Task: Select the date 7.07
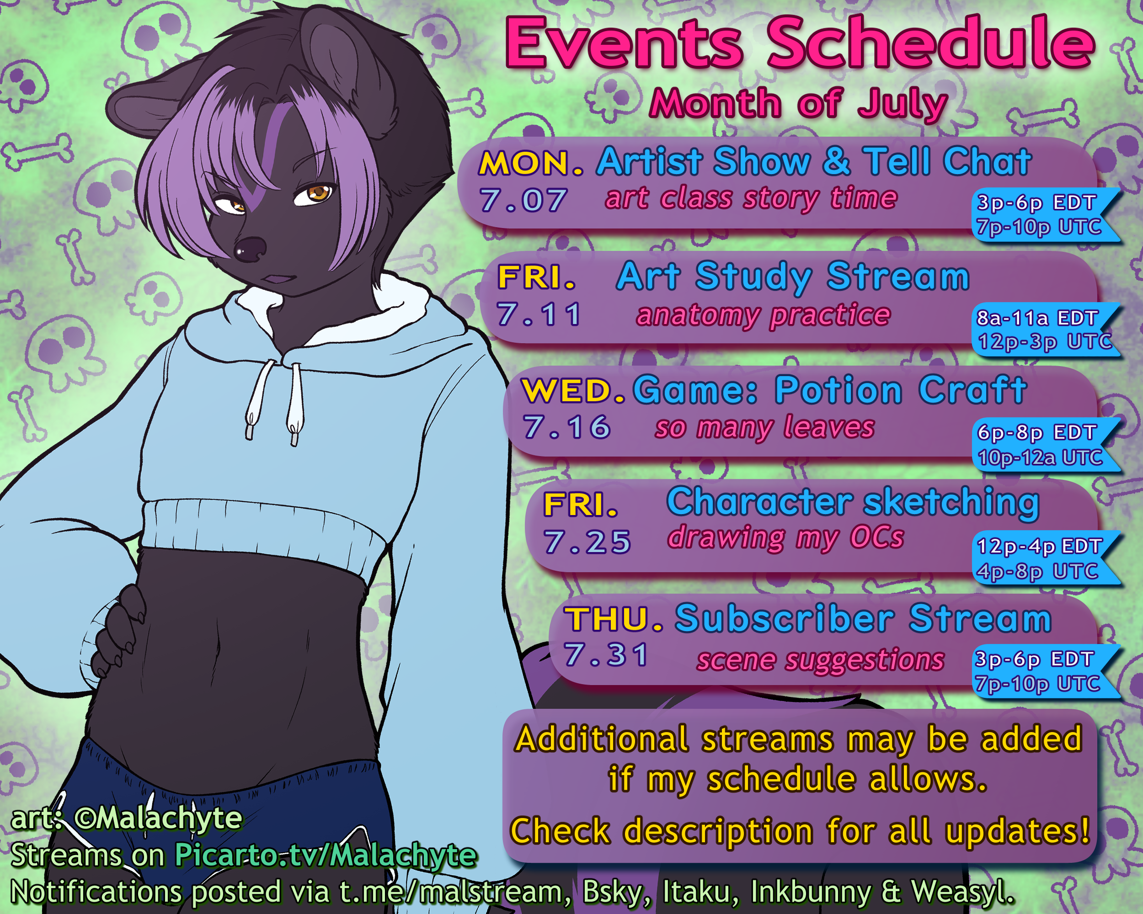[523, 200]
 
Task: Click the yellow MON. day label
[531, 163]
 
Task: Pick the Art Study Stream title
[793, 277]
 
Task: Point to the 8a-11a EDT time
[1037, 318]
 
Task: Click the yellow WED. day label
[573, 391]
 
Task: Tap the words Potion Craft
[901, 390]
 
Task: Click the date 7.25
[588, 542]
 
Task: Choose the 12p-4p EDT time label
[1040, 546]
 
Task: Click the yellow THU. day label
[614, 619]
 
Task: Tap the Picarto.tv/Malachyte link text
[326, 856]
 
